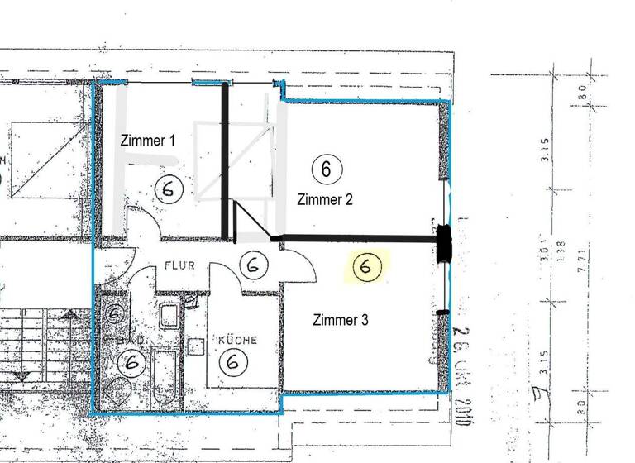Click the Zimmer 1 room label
(148, 140)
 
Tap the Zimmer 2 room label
(325, 199)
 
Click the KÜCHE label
(237, 340)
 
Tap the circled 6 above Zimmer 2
(326, 169)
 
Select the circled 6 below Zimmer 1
(169, 189)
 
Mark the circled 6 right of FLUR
(254, 265)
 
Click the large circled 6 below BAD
(131, 362)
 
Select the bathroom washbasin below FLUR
(171, 314)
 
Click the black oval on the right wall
(444, 243)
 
